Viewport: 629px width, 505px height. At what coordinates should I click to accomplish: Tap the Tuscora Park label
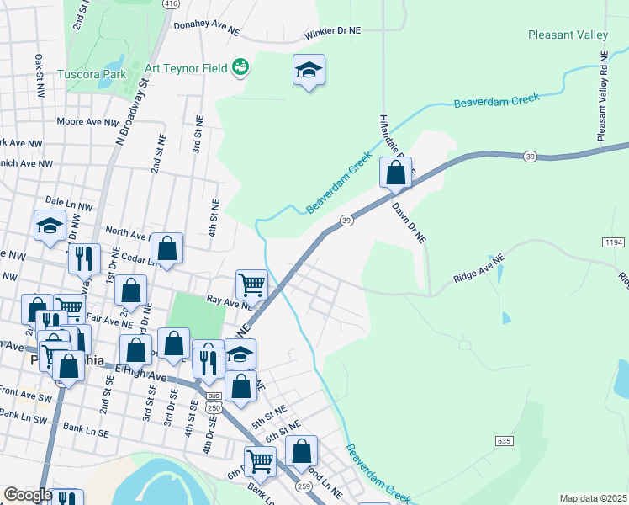click(x=92, y=74)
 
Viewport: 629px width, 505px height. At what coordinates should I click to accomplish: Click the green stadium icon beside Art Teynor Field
click(x=240, y=66)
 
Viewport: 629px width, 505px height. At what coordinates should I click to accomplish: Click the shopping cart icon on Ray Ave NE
click(x=251, y=284)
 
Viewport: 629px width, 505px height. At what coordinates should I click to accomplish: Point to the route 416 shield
click(x=172, y=4)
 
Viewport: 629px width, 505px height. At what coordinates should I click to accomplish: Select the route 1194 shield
click(x=613, y=242)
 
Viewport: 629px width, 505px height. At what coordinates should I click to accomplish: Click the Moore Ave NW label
click(x=87, y=122)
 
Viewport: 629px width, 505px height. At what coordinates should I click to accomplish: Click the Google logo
click(x=28, y=495)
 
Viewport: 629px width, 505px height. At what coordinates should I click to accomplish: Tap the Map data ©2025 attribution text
click(x=592, y=498)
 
